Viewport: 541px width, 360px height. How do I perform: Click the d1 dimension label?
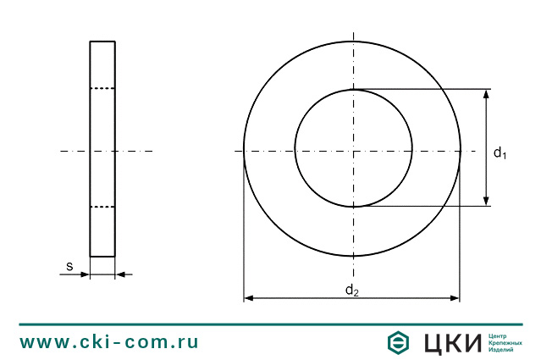(500, 152)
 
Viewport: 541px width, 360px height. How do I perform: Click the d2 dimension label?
(352, 290)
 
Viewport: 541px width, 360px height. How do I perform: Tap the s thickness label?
(69, 267)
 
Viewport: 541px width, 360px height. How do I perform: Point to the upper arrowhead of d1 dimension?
(486, 95)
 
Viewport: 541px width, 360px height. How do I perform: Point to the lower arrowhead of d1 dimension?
(486, 201)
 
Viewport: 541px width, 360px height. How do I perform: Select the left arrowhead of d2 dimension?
(249, 298)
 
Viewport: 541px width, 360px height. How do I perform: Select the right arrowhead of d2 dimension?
(455, 298)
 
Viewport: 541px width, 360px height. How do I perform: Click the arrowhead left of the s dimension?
(85, 274)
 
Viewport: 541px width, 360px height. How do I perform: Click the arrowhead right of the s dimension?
(120, 274)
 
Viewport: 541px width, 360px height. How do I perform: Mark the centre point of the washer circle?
(353, 151)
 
